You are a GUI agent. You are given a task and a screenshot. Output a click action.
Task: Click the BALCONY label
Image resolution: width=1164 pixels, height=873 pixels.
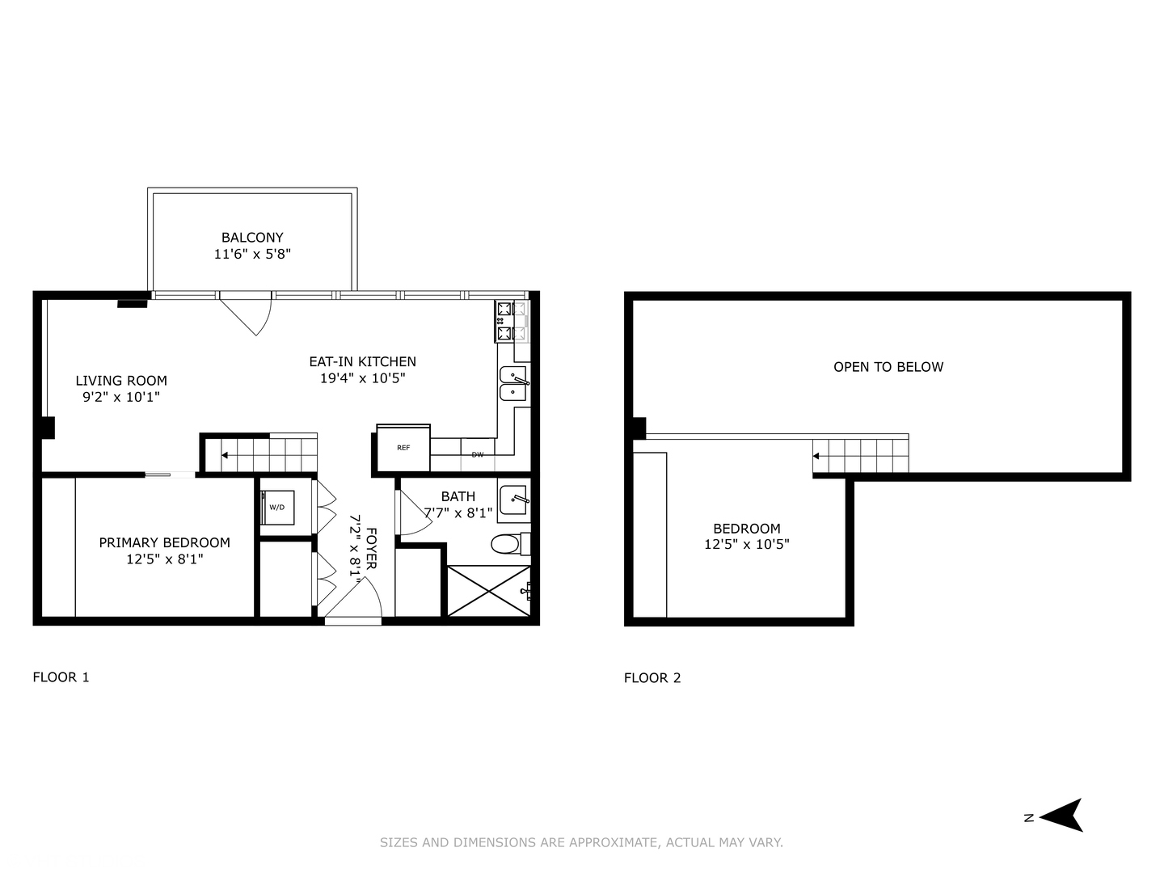[x=252, y=238]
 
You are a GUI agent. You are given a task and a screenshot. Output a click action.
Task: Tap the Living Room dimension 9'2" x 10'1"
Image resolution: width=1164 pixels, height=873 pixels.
[x=121, y=397]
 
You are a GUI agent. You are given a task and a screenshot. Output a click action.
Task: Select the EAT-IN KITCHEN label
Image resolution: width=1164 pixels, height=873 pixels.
[x=362, y=361]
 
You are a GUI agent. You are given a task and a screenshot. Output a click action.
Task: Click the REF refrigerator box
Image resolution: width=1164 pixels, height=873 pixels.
[x=403, y=448]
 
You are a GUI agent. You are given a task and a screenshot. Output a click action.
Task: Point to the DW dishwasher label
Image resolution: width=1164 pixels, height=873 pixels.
[x=478, y=455]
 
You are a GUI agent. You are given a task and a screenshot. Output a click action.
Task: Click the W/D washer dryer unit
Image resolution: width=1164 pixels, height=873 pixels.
[x=276, y=507]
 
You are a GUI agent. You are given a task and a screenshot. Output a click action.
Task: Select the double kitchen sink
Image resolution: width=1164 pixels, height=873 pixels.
[x=513, y=383]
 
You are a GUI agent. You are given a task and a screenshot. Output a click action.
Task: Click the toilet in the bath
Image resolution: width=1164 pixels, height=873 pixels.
[x=508, y=544]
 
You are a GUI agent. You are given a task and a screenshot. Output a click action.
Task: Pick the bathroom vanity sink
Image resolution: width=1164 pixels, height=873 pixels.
[x=513, y=500]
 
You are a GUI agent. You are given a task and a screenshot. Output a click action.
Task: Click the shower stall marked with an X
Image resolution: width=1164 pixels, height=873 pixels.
[x=488, y=592]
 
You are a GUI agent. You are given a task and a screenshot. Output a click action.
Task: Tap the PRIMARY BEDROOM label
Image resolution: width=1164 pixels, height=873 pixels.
[x=164, y=542]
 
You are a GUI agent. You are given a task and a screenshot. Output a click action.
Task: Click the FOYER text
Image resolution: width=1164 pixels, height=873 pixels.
[x=371, y=549]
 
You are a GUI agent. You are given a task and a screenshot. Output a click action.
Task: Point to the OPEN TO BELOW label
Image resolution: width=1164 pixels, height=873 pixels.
[x=888, y=367]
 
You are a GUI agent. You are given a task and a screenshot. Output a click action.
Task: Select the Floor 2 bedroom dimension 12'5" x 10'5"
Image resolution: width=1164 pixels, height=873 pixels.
[x=746, y=545]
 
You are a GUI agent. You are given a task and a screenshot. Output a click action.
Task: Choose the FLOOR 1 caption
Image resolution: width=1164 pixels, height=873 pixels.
[x=61, y=677]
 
